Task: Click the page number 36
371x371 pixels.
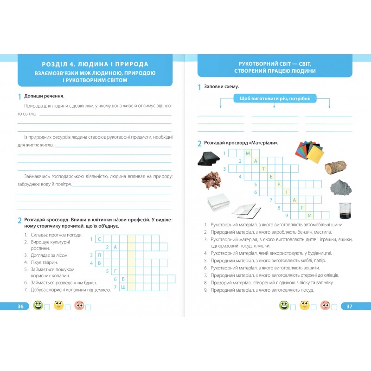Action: click(x=20, y=307)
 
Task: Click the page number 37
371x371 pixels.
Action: click(x=349, y=307)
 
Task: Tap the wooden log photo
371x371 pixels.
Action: click(x=335, y=167)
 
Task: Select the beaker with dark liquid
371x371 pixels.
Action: click(x=345, y=211)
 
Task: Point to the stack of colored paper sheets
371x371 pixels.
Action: click(x=309, y=152)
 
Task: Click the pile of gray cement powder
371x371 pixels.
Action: click(x=341, y=187)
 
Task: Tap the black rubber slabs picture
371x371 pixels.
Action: click(x=208, y=158)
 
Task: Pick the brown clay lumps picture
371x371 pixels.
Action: click(x=211, y=179)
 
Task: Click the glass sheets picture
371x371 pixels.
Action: click(x=246, y=211)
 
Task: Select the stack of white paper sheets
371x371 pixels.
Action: click(x=218, y=202)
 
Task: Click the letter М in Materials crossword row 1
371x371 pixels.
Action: click(x=248, y=153)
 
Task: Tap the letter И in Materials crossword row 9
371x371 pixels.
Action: click(x=309, y=215)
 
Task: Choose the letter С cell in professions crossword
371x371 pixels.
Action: click(x=99, y=239)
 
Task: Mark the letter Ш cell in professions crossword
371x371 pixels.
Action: click(x=123, y=287)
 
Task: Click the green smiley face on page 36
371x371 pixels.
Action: click(x=38, y=306)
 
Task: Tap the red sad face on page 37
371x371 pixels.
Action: click(x=325, y=306)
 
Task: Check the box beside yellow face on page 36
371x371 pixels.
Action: click(x=68, y=307)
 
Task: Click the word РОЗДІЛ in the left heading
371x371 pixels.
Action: click(x=54, y=64)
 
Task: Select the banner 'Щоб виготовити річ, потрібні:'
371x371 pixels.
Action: click(x=275, y=98)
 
